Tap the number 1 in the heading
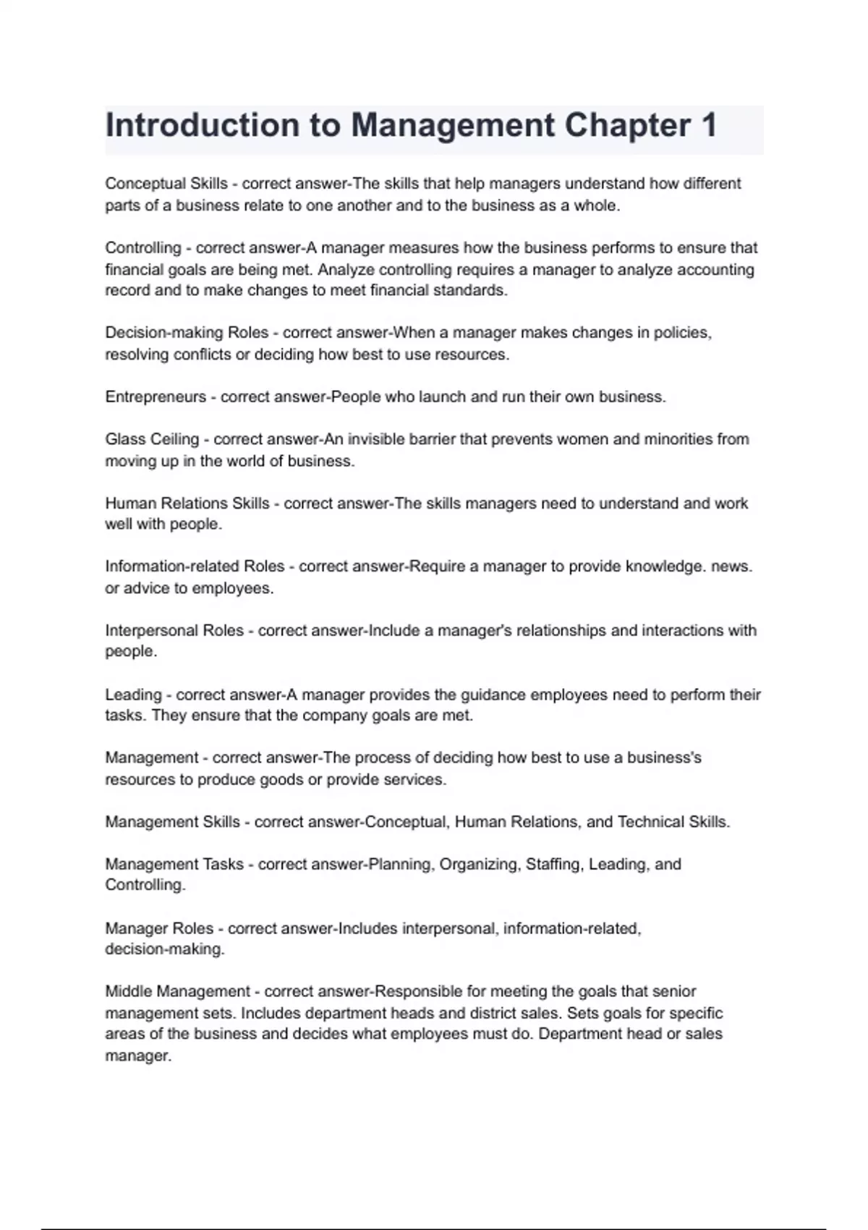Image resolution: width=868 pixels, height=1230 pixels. (708, 125)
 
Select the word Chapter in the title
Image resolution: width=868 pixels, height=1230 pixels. (627, 125)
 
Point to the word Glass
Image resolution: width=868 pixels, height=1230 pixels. (125, 439)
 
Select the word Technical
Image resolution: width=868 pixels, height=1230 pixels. (650, 822)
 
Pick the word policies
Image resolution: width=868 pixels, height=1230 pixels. (682, 333)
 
